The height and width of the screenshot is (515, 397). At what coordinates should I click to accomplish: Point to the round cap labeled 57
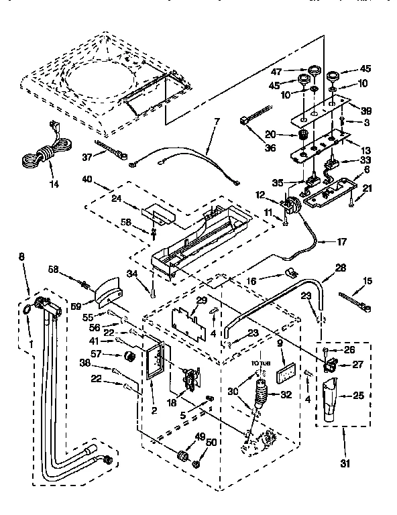(x=129, y=353)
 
